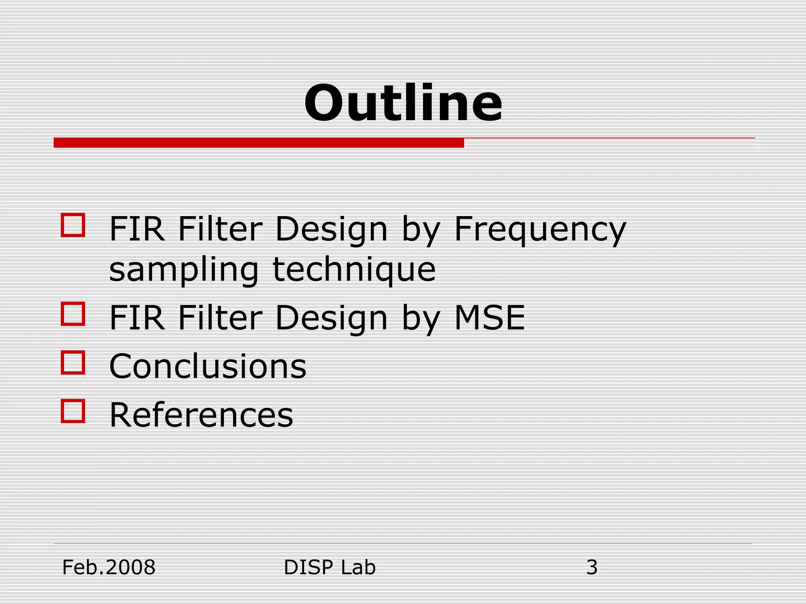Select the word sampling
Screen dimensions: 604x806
tap(184, 271)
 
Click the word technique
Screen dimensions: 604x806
tap(354, 271)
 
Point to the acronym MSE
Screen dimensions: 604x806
tap(490, 318)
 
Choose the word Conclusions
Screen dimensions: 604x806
tap(207, 366)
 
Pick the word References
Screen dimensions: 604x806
tap(201, 415)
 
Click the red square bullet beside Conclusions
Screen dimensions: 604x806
tap(73, 362)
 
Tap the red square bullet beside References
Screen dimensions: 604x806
tap(73, 411)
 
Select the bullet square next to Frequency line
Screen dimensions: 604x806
tap(73, 225)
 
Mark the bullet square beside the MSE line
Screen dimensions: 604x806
tap(73, 313)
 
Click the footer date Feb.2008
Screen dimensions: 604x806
tap(109, 567)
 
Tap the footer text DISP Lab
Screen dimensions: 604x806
tap(330, 567)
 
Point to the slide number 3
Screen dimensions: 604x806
tap(592, 567)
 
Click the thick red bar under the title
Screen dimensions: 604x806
tap(259, 143)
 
